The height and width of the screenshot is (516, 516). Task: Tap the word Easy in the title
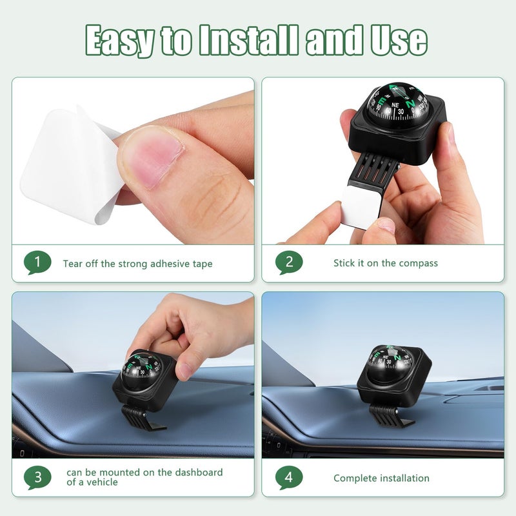[x=120, y=41]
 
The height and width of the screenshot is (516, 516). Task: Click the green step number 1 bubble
[x=37, y=263]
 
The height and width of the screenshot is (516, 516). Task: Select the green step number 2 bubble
[x=288, y=263]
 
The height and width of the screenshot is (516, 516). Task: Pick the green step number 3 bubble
[x=37, y=477]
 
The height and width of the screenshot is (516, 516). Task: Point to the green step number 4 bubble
[x=288, y=477]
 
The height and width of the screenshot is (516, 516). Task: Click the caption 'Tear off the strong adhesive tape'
[x=137, y=263]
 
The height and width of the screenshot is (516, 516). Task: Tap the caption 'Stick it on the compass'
[x=385, y=263]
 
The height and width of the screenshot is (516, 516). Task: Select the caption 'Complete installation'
[x=381, y=478]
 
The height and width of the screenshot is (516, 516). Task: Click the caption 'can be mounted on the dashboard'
[x=144, y=472]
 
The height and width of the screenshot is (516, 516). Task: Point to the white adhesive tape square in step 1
[x=64, y=164]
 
